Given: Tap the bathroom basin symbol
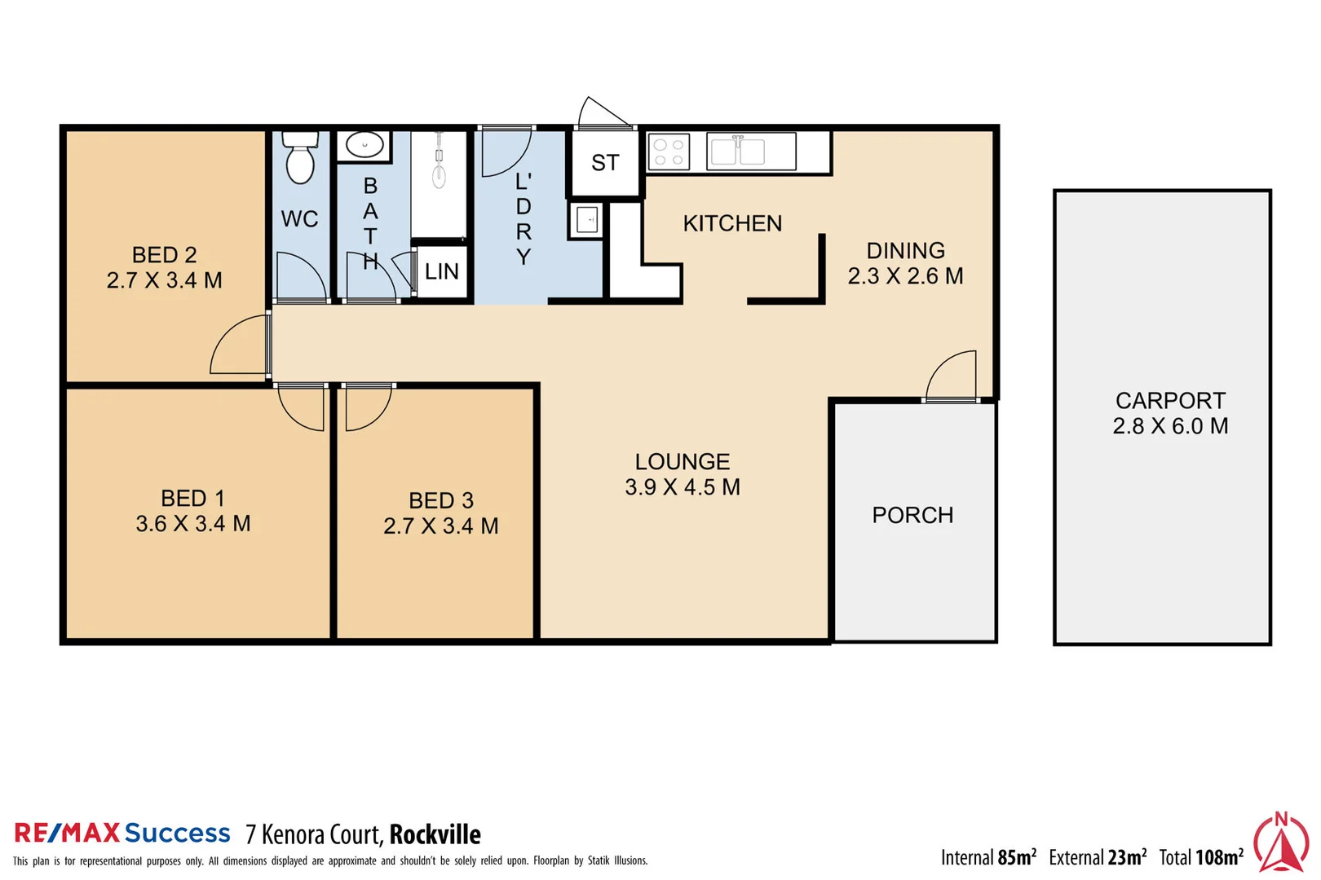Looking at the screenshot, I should [x=364, y=146].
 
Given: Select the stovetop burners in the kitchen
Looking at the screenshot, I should [x=669, y=152].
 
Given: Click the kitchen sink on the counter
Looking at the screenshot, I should [x=738, y=152].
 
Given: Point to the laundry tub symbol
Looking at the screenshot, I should [x=586, y=220].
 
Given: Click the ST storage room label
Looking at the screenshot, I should [x=605, y=164].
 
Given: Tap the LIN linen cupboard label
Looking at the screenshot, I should [x=441, y=272].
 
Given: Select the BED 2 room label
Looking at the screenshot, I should [x=164, y=255].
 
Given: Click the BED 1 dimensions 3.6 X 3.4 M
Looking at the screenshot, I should [x=193, y=524].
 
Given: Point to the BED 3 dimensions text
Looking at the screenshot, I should [x=441, y=526].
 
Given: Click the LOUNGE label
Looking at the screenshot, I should [x=683, y=462].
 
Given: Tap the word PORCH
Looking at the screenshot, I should [x=912, y=516].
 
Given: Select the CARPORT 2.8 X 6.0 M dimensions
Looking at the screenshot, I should [x=1170, y=426].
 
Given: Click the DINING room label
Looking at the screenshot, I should [x=905, y=251].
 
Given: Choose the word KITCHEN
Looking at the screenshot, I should [x=732, y=223].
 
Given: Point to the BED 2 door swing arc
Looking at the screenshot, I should [x=237, y=347].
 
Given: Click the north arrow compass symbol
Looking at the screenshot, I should [x=1281, y=843].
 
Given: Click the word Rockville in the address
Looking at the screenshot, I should [x=435, y=834].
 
